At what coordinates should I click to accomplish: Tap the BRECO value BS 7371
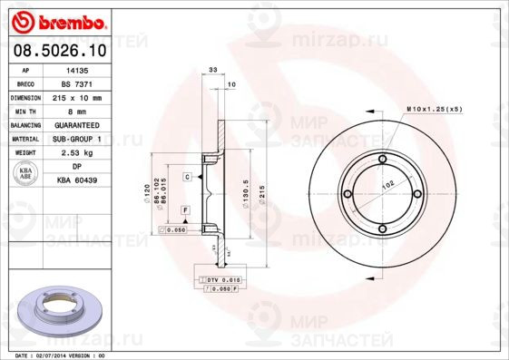click(x=77, y=83)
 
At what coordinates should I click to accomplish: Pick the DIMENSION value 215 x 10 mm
click(x=77, y=96)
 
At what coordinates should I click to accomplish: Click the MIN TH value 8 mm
click(x=77, y=110)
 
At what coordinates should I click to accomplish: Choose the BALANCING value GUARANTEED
click(x=77, y=124)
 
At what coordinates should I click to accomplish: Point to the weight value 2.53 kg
click(x=77, y=152)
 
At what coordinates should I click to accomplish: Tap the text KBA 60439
click(x=77, y=180)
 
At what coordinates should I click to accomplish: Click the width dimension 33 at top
click(x=212, y=70)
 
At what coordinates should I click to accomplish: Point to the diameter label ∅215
click(x=261, y=193)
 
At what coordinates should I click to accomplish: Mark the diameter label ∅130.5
click(x=246, y=193)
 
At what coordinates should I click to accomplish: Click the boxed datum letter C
click(x=186, y=176)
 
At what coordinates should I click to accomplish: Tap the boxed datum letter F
click(x=185, y=210)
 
